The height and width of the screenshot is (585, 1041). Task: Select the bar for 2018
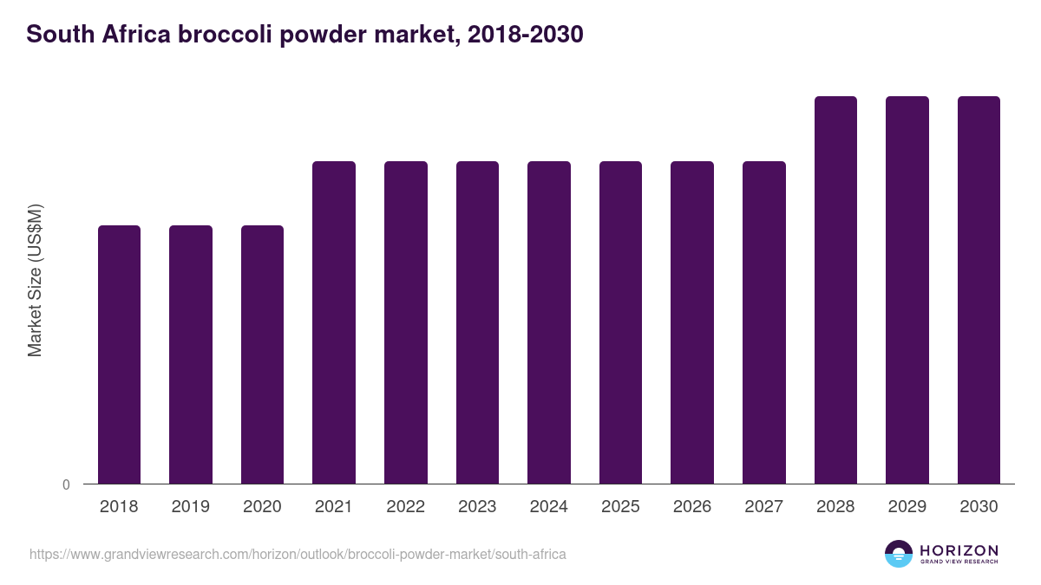click(119, 354)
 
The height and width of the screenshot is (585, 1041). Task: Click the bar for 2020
click(262, 354)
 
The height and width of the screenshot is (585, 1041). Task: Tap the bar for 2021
click(334, 322)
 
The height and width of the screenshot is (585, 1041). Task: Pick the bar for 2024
click(549, 322)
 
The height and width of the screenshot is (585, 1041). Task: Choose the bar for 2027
click(764, 322)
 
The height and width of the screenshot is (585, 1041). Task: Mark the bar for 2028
click(835, 289)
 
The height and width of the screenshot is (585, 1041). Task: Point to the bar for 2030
click(979, 289)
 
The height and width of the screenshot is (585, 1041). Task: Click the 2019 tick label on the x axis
click(191, 507)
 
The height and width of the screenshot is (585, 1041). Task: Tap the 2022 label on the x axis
click(406, 507)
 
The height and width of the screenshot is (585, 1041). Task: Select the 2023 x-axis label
click(477, 507)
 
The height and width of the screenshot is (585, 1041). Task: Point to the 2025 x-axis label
click(620, 507)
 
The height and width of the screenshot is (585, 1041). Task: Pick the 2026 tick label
click(692, 507)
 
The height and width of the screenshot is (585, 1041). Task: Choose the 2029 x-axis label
click(907, 507)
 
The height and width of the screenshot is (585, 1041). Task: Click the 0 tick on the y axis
click(66, 485)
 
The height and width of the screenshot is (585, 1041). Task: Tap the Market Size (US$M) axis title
click(35, 279)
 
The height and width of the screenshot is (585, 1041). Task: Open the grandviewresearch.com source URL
click(298, 554)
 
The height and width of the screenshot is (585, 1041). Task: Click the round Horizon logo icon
click(899, 554)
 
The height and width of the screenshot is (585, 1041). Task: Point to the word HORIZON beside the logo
click(959, 550)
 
